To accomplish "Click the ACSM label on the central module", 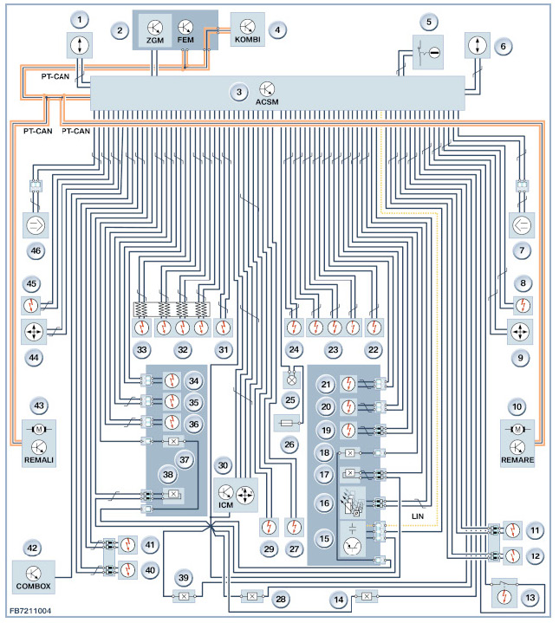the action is coord(267,102).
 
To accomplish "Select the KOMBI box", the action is coord(248,29).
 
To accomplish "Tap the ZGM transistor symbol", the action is coord(154,28).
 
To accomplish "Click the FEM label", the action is coord(185,40).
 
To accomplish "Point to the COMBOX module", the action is coord(34,577).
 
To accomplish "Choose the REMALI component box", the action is coord(38,444).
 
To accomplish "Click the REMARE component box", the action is coord(517,444).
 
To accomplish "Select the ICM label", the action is coord(225,505).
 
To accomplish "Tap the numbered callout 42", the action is coord(32,548).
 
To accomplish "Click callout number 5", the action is coord(429,22).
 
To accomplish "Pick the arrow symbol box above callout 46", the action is coord(36,225).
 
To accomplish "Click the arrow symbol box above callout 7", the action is coord(522,225).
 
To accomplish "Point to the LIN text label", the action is coord(418,516).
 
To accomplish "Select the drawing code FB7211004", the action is coord(30,611).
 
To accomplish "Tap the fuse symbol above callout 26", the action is coord(287,423).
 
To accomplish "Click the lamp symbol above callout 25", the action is coord(291,380).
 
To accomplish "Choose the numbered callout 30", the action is coord(223,465).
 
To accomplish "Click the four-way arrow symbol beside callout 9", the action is coord(520,331).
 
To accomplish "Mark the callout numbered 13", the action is coord(530,597).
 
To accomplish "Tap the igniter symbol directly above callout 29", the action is coord(269,527).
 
